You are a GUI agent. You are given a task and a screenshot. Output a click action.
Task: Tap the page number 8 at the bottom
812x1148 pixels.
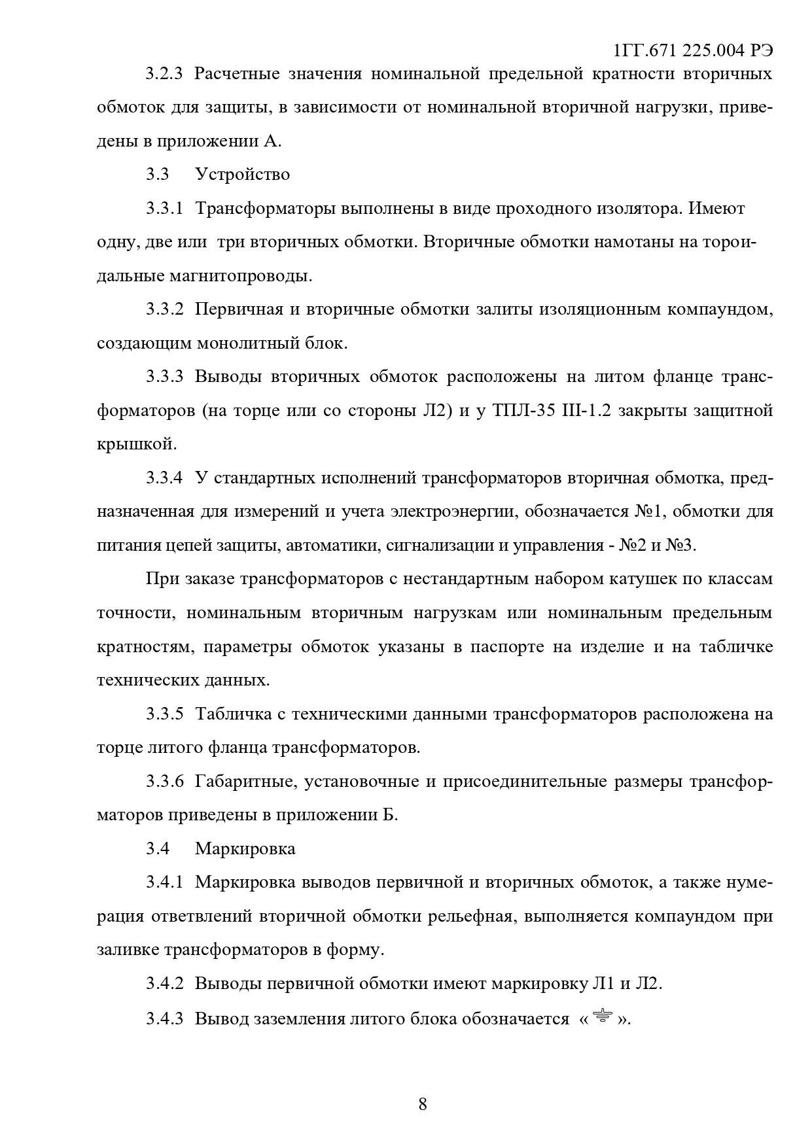click(422, 1104)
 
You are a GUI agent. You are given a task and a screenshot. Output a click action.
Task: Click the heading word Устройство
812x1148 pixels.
click(242, 174)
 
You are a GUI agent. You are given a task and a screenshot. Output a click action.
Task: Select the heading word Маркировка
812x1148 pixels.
click(245, 848)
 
